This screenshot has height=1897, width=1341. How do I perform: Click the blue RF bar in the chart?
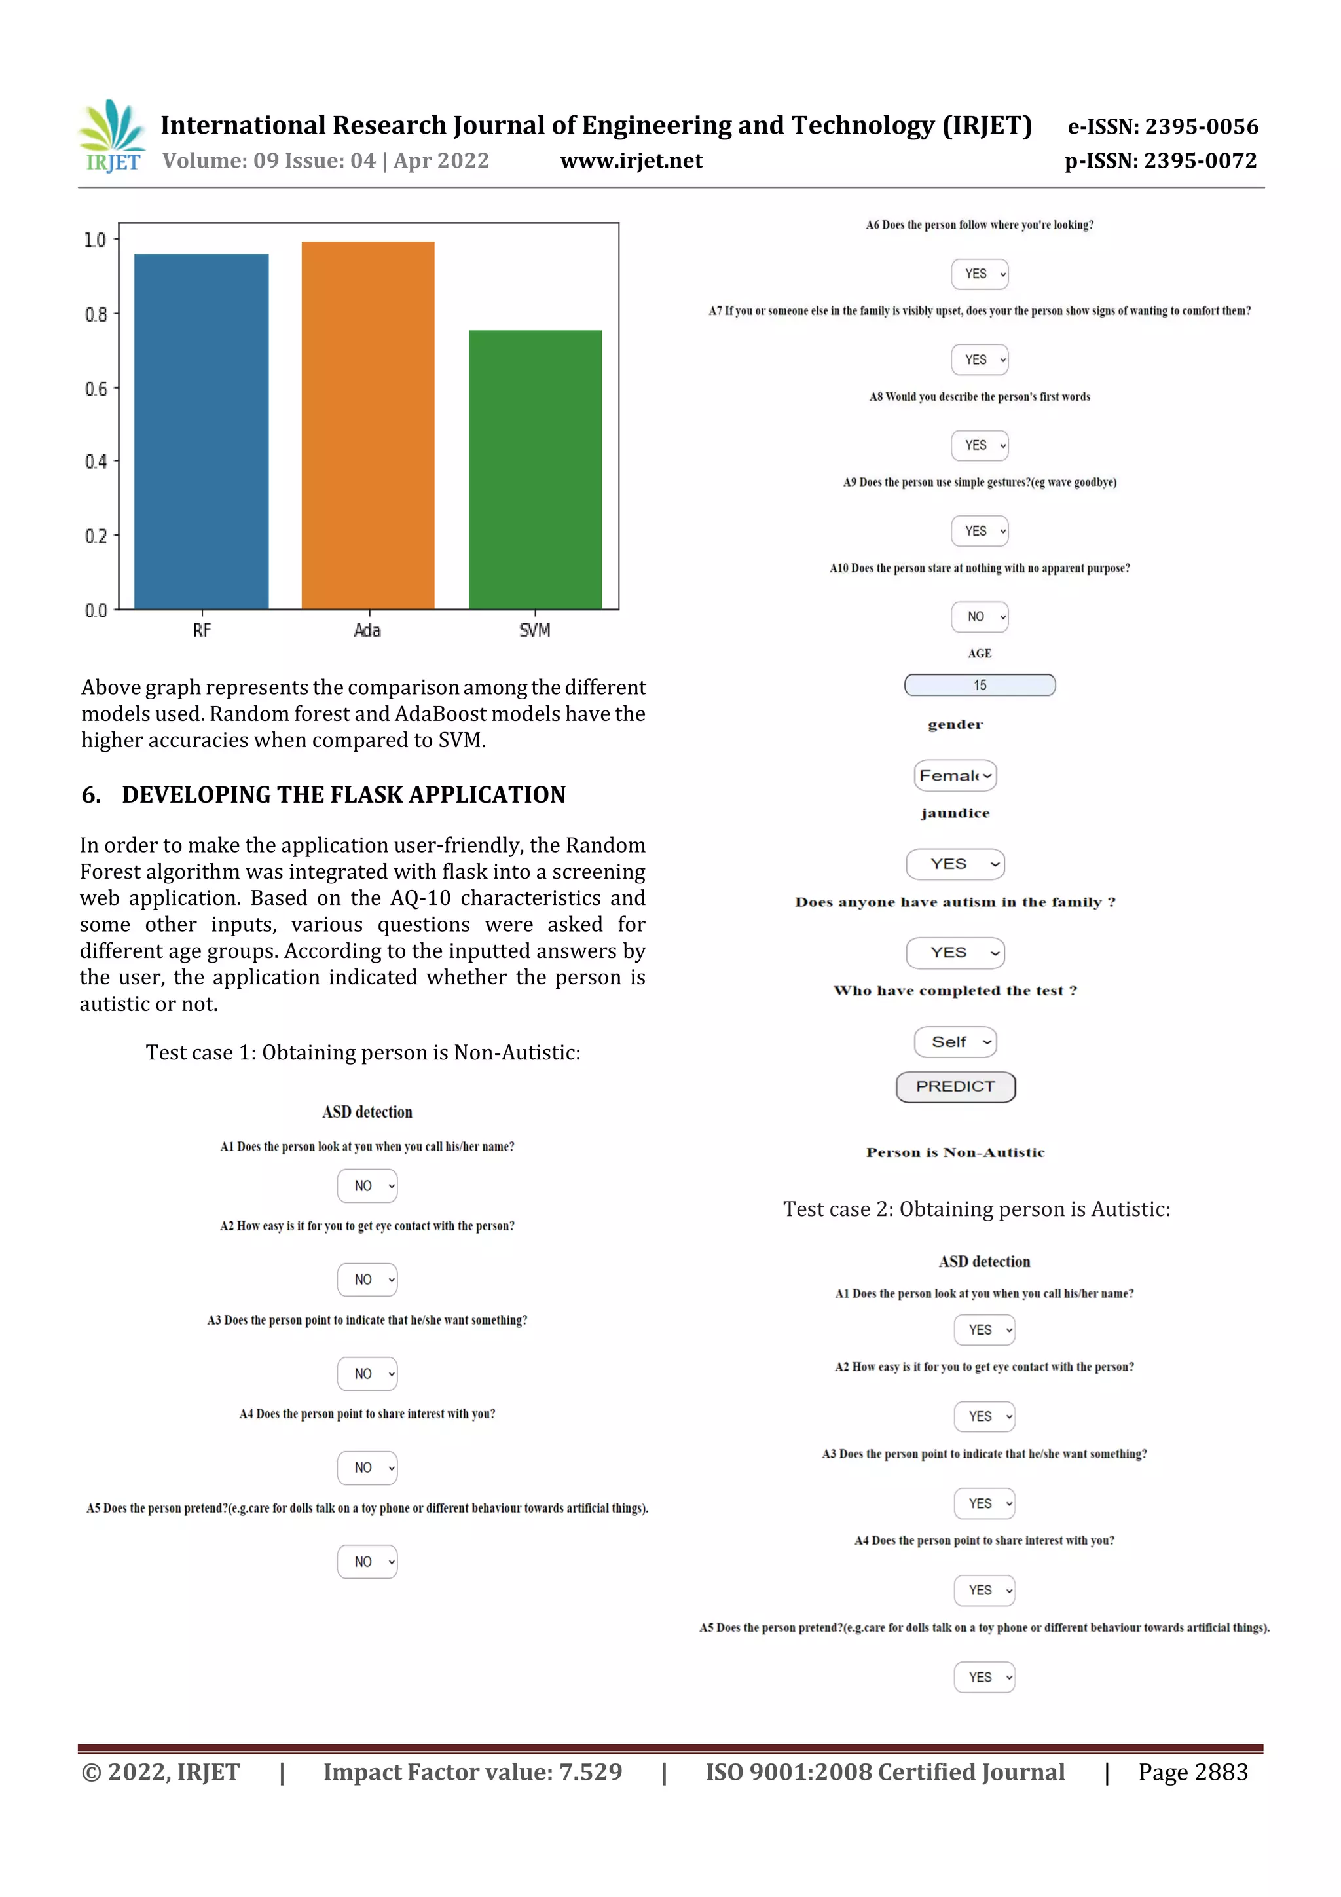(x=201, y=432)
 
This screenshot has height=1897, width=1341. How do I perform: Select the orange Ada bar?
(x=368, y=425)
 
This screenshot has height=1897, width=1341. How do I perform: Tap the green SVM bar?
(x=534, y=470)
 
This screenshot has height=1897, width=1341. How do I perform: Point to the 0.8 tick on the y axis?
(x=96, y=314)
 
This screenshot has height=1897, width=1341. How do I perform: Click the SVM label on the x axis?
(x=534, y=631)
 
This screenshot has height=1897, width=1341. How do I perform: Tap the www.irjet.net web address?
(x=631, y=161)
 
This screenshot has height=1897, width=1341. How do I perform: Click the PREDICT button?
(x=955, y=1086)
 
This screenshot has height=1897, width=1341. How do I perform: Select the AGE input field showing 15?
(x=979, y=685)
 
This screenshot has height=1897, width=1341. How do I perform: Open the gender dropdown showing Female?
(x=955, y=775)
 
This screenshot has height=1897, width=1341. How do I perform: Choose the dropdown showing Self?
(x=955, y=1042)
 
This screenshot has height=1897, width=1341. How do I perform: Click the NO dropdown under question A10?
(x=979, y=616)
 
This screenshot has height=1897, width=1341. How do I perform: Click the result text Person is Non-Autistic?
(x=955, y=1152)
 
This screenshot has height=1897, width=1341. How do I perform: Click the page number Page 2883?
(x=1192, y=1772)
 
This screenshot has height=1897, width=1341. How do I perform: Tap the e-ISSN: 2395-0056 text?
(x=1162, y=126)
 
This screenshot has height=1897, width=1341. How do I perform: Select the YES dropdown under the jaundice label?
(x=955, y=864)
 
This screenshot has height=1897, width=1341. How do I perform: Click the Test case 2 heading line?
(x=976, y=1209)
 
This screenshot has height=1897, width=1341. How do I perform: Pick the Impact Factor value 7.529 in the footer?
(x=472, y=1772)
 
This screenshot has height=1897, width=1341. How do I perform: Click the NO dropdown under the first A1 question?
(x=367, y=1186)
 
